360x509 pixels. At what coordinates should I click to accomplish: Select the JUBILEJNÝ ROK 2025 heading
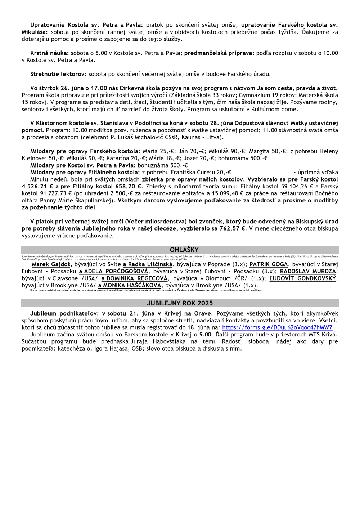[x=180, y=303]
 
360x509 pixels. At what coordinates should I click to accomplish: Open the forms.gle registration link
[x=277, y=327]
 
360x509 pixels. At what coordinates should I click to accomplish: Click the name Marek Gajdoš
[x=51, y=264]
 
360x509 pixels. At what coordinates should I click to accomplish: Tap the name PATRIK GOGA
[x=268, y=264]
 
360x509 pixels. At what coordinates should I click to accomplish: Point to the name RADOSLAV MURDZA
[x=308, y=271]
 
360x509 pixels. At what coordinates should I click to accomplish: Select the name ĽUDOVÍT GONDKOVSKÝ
[x=303, y=278]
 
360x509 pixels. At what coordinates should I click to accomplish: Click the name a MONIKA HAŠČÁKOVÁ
[x=130, y=285]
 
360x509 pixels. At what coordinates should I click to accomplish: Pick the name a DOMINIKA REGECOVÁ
[x=134, y=278]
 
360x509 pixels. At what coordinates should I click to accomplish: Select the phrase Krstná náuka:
[x=49, y=53]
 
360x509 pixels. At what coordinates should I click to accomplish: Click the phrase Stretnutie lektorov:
[x=58, y=74]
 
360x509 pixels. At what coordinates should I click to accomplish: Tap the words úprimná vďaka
[x=316, y=172]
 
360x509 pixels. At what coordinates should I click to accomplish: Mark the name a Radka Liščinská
[x=148, y=264]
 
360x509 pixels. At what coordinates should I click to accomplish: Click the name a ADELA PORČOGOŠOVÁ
[x=113, y=271]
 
